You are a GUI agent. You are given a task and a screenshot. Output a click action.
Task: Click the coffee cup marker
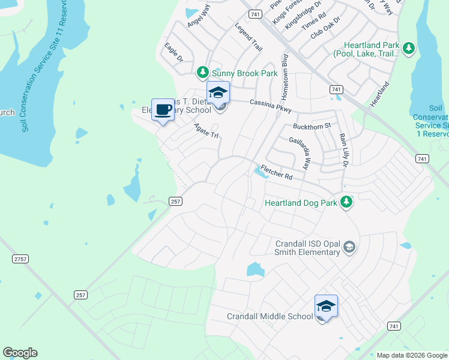(163, 109)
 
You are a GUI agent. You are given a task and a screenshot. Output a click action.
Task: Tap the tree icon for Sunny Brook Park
(203, 73)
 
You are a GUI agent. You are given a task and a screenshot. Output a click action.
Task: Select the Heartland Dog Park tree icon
(346, 202)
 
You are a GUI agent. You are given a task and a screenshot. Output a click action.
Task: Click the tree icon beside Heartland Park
(408, 48)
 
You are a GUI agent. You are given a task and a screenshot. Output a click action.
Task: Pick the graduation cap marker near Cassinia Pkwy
(218, 92)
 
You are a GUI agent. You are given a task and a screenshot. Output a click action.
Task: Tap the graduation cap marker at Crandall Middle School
(326, 306)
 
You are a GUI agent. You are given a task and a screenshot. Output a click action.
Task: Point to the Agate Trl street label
(206, 130)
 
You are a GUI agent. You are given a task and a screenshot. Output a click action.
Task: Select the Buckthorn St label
(312, 126)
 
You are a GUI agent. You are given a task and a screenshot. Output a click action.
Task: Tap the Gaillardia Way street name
(302, 152)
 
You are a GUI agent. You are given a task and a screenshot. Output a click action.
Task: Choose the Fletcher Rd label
(276, 173)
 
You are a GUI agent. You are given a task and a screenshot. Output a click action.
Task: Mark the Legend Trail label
(249, 37)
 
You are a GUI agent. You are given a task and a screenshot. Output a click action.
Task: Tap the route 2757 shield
(20, 258)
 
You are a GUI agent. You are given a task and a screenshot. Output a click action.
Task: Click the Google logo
(20, 353)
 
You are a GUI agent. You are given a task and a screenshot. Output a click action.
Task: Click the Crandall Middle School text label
(270, 316)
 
